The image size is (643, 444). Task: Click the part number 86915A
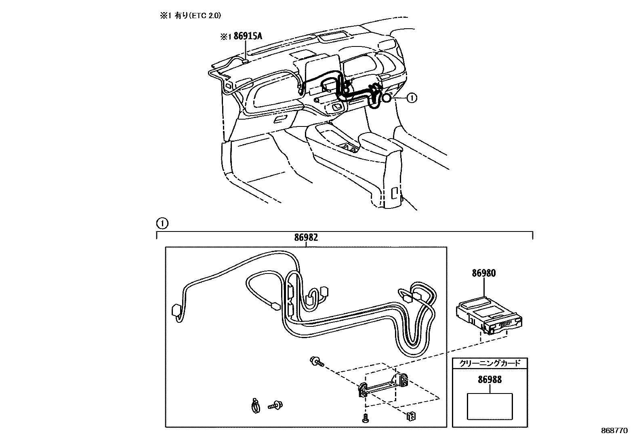[248, 36]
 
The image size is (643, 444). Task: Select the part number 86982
[306, 238]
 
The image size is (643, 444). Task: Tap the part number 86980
[483, 273]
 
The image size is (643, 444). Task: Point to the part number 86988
[490, 380]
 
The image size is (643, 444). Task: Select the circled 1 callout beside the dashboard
[411, 98]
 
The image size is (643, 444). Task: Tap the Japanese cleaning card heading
[490, 363]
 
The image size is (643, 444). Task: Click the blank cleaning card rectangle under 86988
[490, 406]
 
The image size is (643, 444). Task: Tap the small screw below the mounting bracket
[365, 419]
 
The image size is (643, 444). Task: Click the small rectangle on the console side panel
[395, 193]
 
